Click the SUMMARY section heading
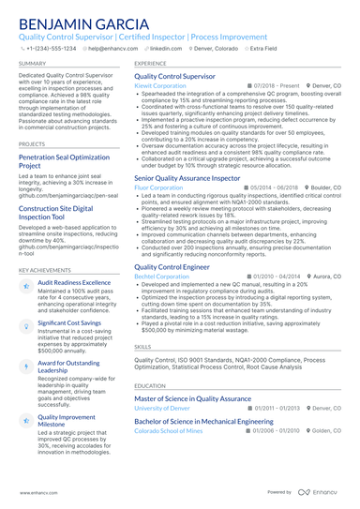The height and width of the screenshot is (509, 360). (x=31, y=63)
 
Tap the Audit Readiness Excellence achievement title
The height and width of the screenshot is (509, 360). (x=74, y=282)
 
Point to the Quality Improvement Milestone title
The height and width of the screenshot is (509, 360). (x=66, y=420)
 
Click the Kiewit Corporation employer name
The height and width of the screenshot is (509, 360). (x=160, y=84)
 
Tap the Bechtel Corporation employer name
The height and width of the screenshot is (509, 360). (x=161, y=277)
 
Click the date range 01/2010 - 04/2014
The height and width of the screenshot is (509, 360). (x=279, y=277)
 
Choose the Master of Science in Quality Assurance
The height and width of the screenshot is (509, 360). (x=192, y=399)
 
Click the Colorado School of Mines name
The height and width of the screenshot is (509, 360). (x=169, y=429)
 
